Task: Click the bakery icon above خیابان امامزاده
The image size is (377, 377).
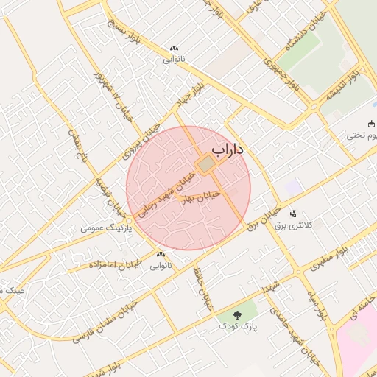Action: pyautogui.click(x=161, y=255)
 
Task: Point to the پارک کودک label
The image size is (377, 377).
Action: pyautogui.click(x=236, y=325)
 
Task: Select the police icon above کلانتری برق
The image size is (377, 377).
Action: pyautogui.click(x=294, y=213)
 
